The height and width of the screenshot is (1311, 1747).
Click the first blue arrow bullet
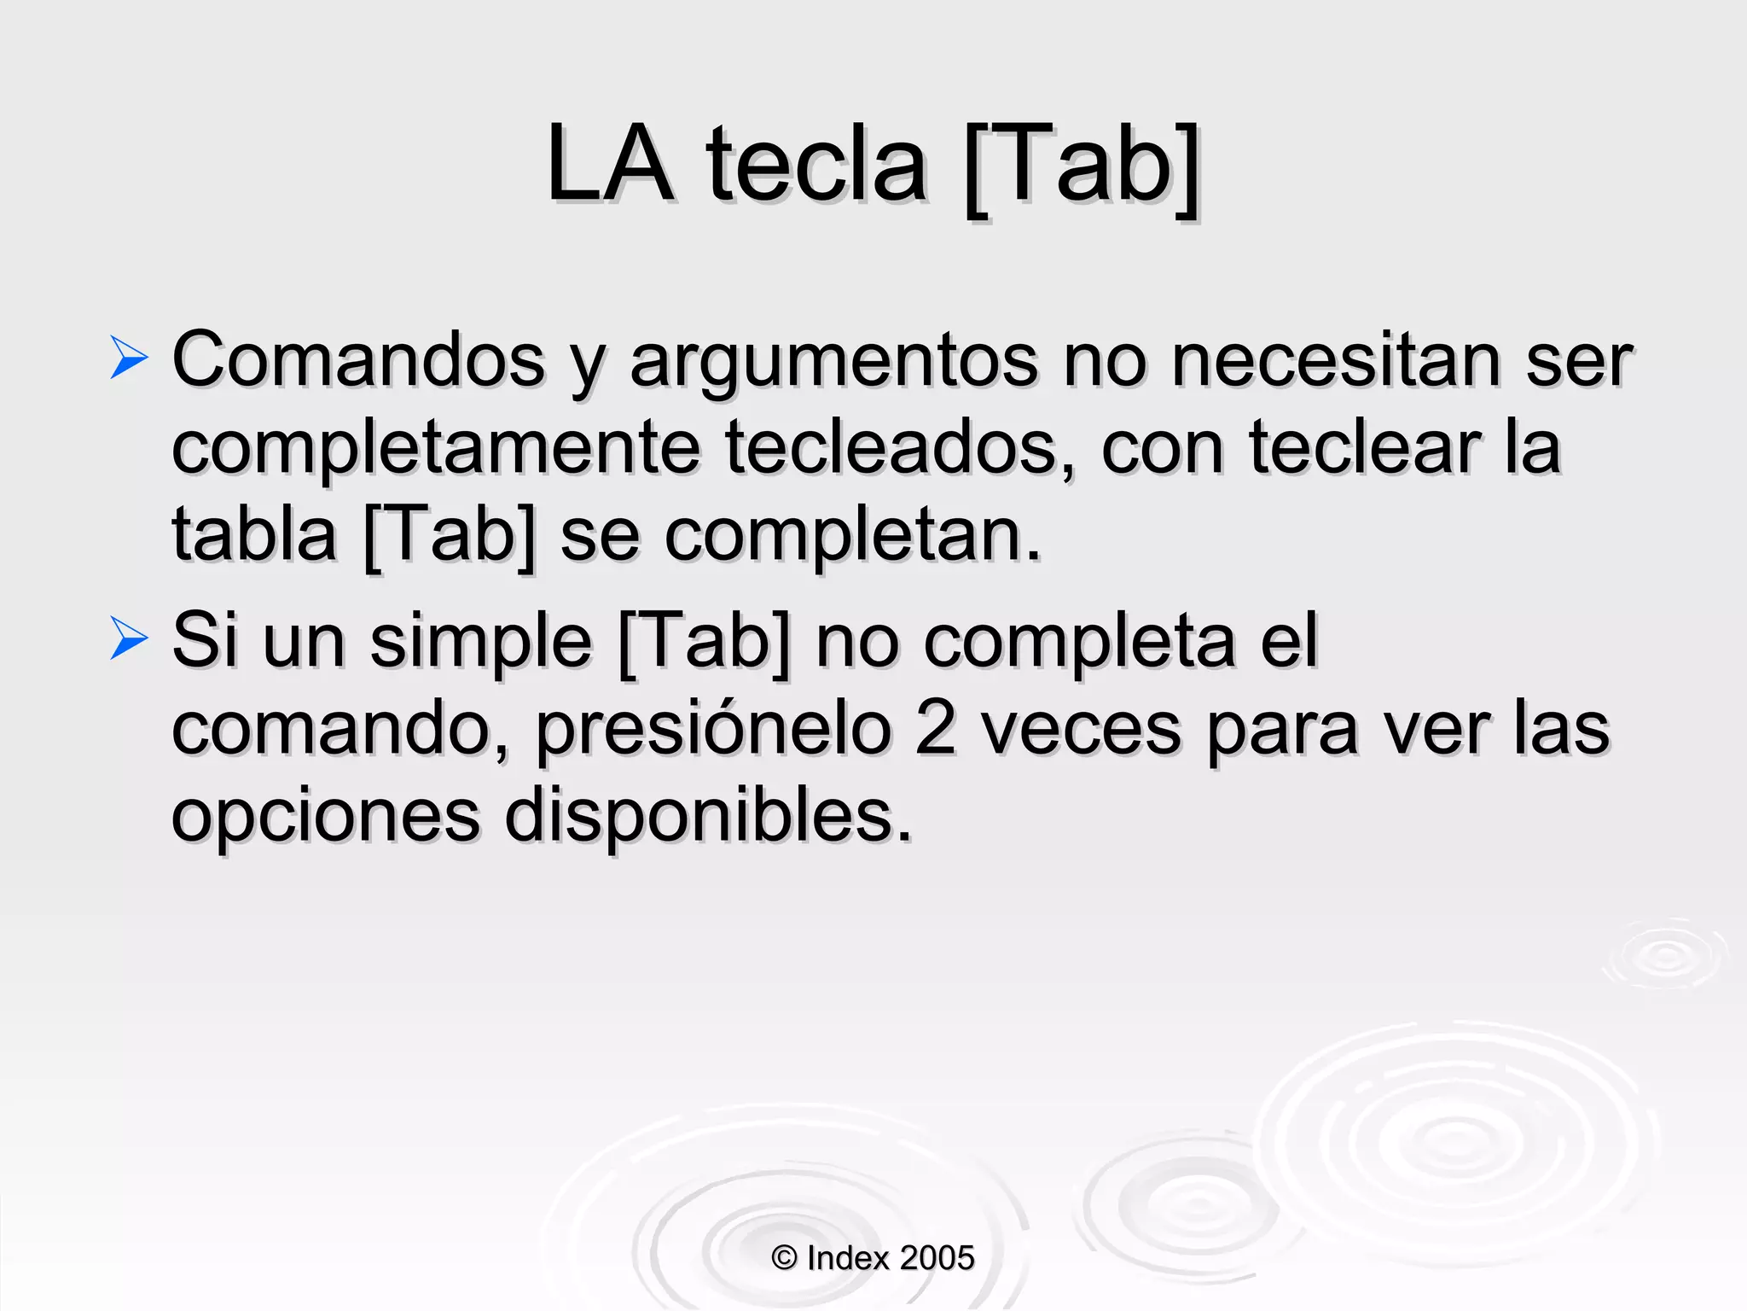pyautogui.click(x=129, y=358)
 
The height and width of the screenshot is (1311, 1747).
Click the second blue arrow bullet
pyautogui.click(x=129, y=639)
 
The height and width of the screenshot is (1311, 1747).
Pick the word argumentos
pyautogui.click(x=833, y=362)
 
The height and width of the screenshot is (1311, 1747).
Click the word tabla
pyautogui.click(x=254, y=535)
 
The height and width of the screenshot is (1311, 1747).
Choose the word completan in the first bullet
pyautogui.click(x=852, y=538)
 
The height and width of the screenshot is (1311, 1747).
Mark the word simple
pyautogui.click(x=480, y=643)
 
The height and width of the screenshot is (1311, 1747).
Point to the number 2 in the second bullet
pyautogui.click(x=936, y=730)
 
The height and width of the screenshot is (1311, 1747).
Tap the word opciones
pyautogui.click(x=326, y=818)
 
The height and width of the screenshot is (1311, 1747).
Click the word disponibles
pyautogui.click(x=708, y=816)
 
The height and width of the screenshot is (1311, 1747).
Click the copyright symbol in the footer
pyautogui.click(x=784, y=1258)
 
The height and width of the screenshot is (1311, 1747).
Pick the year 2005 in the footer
pyautogui.click(x=937, y=1258)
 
